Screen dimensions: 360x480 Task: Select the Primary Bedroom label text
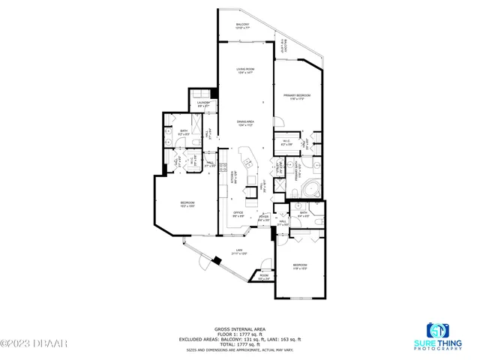pos(297,96)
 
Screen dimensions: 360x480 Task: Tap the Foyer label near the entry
pos(263,218)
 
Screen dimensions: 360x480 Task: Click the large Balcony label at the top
pos(242,25)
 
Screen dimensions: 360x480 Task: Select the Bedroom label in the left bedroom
pos(187,204)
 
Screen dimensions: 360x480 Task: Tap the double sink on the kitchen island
pos(247,163)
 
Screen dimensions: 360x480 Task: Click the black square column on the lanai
pos(217,260)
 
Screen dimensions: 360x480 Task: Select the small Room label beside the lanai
pos(263,275)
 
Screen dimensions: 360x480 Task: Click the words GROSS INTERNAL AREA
pos(240,328)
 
